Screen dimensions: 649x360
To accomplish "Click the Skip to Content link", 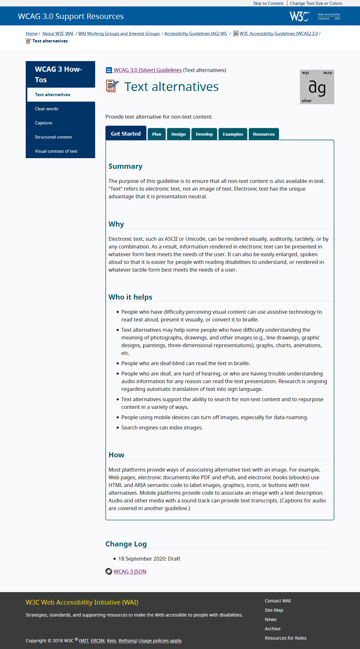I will coord(268,3).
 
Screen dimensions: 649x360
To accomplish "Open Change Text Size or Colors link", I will coord(316,3).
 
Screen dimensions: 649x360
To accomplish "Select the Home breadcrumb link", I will coord(32,33).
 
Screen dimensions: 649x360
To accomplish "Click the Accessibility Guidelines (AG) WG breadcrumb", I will coord(196,33).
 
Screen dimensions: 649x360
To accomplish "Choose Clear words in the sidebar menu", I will coord(47,109).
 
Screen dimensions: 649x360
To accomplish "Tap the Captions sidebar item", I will coord(44,123).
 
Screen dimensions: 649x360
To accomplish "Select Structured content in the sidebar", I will coord(53,137).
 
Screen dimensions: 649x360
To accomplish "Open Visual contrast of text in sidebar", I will coord(56,151).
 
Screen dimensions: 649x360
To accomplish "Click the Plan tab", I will coord(157,134).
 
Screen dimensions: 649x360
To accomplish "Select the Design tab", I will coord(178,134).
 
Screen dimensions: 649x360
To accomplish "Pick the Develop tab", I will coord(204,134).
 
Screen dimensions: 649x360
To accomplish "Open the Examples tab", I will coord(233,134).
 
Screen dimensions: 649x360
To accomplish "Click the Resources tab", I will coord(264,134).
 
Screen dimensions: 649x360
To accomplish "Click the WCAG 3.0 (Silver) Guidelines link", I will coord(148,70).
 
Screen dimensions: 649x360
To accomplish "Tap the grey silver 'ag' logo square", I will coord(317,87).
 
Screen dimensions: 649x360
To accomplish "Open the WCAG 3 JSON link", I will coord(130,572).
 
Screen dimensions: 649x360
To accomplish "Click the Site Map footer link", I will coord(274,610).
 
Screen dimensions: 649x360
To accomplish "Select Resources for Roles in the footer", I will coord(285,638).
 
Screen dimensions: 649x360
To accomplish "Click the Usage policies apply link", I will coord(160,641).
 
